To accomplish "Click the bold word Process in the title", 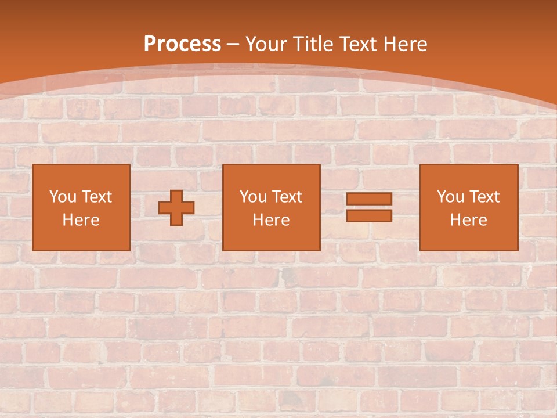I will [182, 44].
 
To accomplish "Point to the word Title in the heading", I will [312, 44].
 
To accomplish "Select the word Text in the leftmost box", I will [96, 197].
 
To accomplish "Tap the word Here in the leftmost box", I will [81, 220].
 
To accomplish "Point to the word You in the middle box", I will [253, 197].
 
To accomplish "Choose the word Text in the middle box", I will [287, 197].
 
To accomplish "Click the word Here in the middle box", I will [271, 220].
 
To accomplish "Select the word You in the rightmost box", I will [450, 197].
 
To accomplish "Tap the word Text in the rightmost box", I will [484, 197].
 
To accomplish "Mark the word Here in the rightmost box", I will [468, 220].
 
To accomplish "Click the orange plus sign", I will [176, 208].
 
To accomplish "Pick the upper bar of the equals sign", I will [369, 199].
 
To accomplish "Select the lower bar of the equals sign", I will [369, 215].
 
